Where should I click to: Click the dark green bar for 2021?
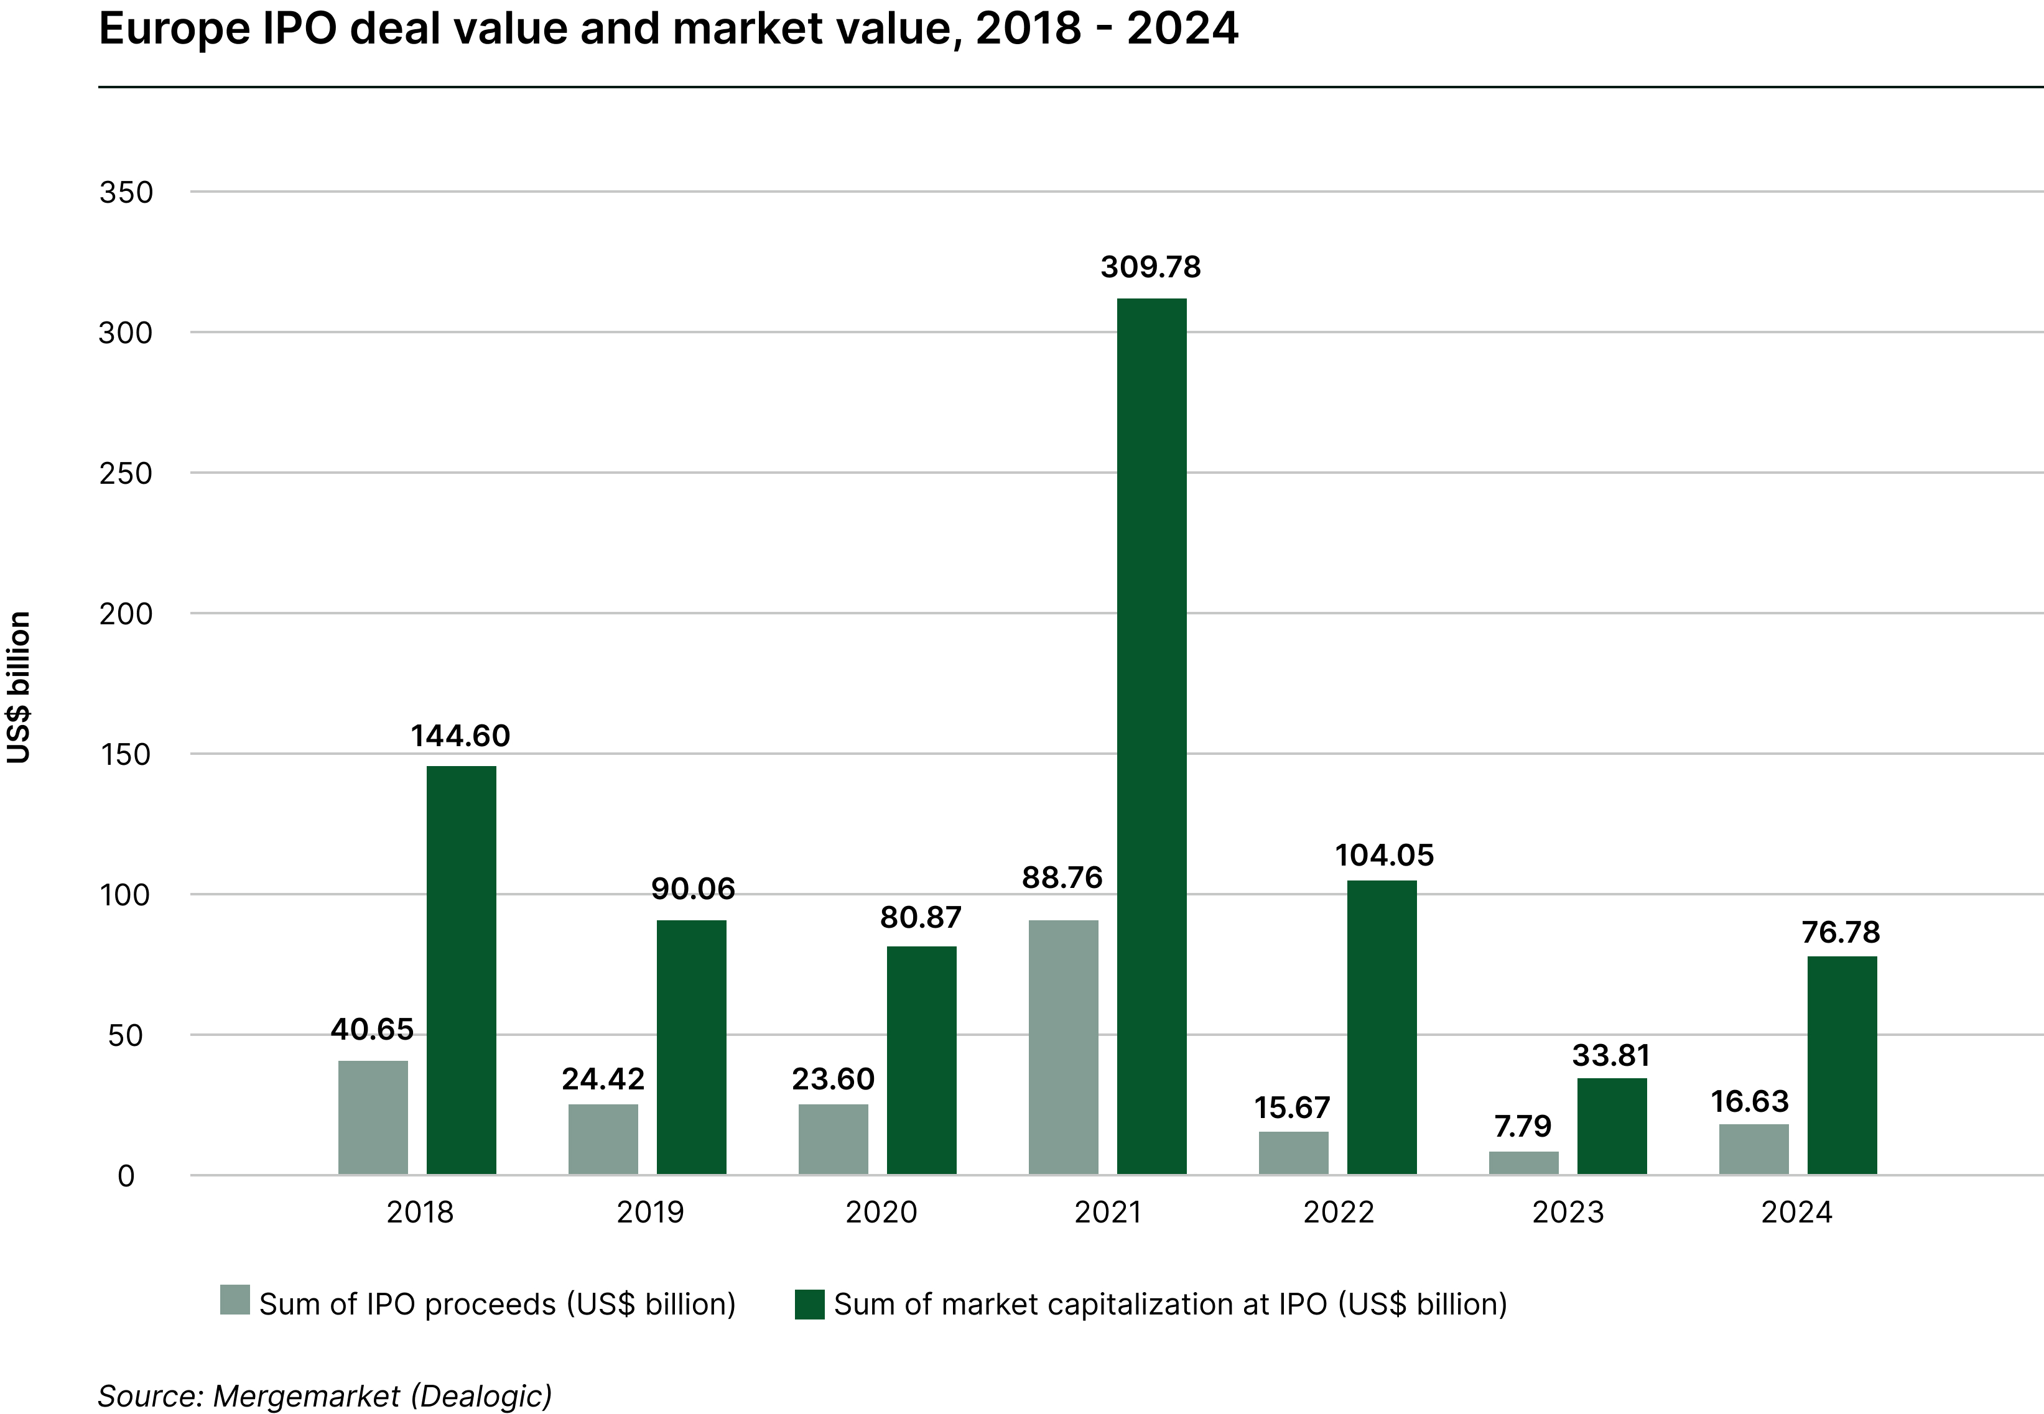(x=1151, y=736)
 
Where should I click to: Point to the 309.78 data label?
(x=1151, y=267)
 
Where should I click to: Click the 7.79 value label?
(x=1523, y=1126)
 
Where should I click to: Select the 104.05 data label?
(x=1383, y=855)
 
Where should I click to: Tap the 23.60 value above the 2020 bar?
(x=832, y=1078)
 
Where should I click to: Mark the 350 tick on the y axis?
(x=126, y=192)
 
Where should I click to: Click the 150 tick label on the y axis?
(x=125, y=755)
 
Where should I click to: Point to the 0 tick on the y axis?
(x=126, y=1176)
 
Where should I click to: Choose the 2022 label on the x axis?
(x=1337, y=1212)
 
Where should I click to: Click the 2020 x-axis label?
(x=880, y=1212)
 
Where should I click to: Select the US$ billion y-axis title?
(x=19, y=686)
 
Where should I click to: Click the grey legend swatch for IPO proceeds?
(x=235, y=1300)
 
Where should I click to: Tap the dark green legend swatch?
(x=809, y=1304)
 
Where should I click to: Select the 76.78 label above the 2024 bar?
(x=1840, y=932)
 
